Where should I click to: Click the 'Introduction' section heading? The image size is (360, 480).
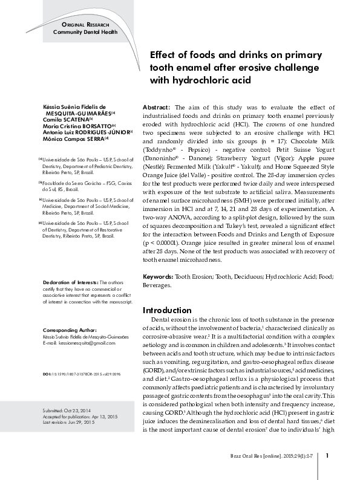(x=167, y=310)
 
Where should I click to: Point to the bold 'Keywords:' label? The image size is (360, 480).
(x=158, y=276)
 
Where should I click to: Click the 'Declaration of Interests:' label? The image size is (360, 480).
(x=71, y=282)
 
